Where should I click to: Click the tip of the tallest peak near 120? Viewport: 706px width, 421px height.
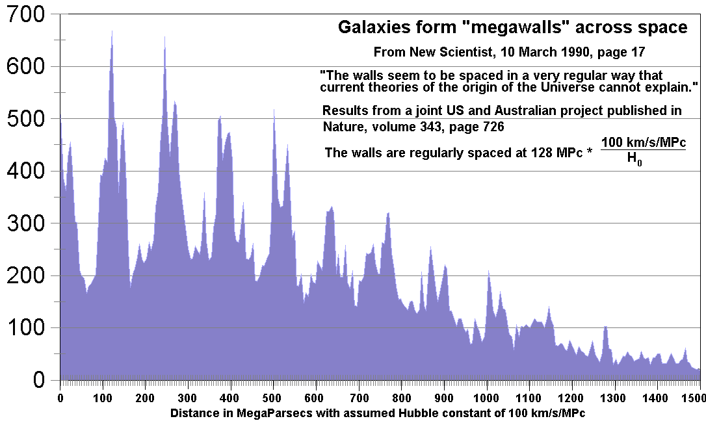pos(112,31)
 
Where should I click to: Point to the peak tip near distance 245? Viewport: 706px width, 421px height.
pos(164,37)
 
